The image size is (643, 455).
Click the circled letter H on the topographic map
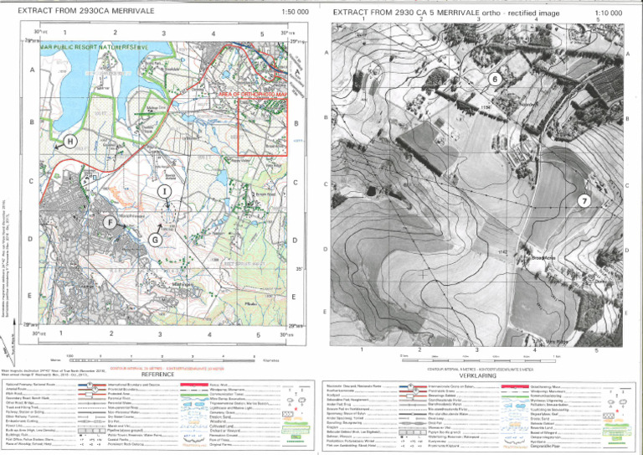pos(70,141)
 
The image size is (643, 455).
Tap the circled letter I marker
pos(165,192)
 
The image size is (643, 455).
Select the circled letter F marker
pos(110,222)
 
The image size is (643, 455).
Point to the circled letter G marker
pos(155,240)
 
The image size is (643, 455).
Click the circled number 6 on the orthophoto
pos(495,79)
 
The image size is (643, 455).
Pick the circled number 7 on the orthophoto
pos(584,200)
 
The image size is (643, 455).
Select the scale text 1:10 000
pos(608,13)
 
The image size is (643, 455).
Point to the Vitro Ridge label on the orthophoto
pos(558,340)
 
